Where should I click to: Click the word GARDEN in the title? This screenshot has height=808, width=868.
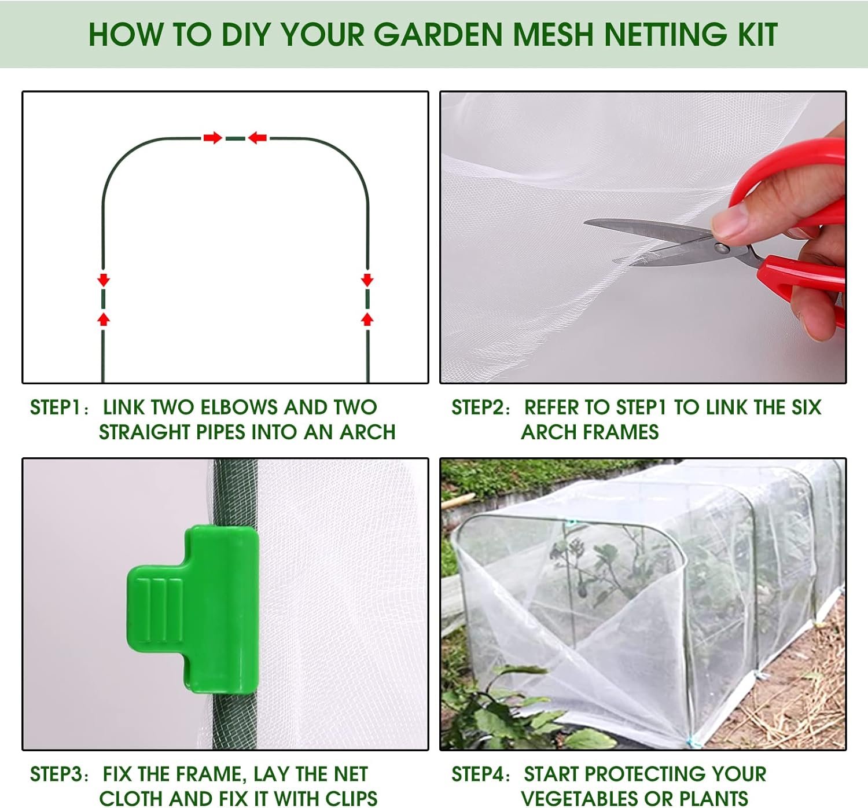tap(439, 35)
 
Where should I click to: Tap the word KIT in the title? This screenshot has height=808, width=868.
tap(758, 35)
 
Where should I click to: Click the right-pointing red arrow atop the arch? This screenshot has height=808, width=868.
tap(212, 138)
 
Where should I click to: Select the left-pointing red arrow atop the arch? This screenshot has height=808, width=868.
tap(258, 138)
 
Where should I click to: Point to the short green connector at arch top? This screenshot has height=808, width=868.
tap(235, 138)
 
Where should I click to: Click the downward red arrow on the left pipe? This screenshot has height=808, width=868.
tap(103, 280)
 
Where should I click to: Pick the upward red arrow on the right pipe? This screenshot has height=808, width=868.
tap(367, 319)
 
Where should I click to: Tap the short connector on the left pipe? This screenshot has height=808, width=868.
tap(103, 299)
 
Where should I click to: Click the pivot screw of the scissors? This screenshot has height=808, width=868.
tap(722, 249)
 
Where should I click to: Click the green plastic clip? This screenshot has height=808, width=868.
tap(193, 609)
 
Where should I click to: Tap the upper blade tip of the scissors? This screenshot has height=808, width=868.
tap(585, 222)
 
